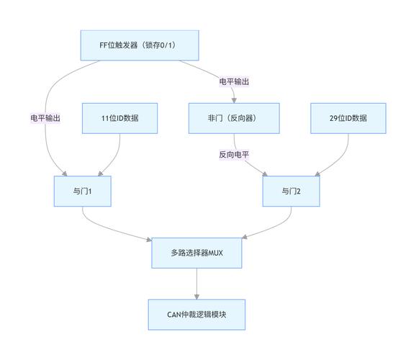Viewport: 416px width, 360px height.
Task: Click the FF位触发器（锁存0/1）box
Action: click(x=138, y=45)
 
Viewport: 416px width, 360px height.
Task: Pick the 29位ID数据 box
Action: click(x=347, y=118)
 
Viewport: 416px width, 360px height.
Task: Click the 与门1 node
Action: click(x=83, y=191)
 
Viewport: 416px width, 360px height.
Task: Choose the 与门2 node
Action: click(x=291, y=191)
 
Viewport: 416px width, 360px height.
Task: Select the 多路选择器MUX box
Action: click(x=196, y=253)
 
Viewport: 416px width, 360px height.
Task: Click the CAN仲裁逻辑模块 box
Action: click(x=196, y=315)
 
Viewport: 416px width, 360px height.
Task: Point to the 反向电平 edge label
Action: click(x=234, y=154)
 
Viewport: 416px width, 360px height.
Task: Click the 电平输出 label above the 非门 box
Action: click(x=234, y=81)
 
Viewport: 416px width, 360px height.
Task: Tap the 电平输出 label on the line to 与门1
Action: click(x=45, y=118)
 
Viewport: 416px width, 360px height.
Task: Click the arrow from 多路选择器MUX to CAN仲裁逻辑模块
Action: click(x=196, y=284)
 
